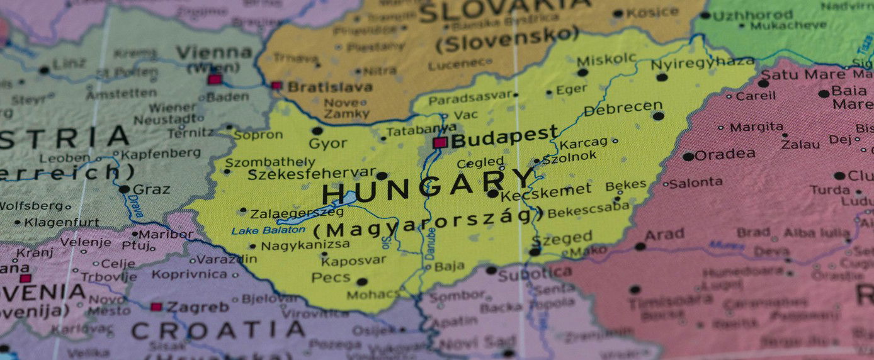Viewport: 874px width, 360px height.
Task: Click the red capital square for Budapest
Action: [440, 142]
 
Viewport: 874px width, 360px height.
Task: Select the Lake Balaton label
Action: [259, 230]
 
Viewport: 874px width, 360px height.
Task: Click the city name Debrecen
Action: [623, 108]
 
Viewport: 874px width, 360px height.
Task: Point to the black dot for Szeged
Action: [535, 252]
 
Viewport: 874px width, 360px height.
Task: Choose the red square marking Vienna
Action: [215, 79]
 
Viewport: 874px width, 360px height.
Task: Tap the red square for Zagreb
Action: [156, 307]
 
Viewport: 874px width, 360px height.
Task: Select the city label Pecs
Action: [331, 278]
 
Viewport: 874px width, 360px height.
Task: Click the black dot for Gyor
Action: [317, 131]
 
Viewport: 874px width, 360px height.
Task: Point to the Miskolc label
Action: [607, 59]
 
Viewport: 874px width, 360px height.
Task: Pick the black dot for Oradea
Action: [688, 156]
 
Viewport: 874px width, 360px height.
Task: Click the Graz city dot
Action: [124, 189]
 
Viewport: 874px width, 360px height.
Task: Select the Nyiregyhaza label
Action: [702, 64]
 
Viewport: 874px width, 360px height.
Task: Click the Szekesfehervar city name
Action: [311, 174]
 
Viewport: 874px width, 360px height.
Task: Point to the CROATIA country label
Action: [218, 330]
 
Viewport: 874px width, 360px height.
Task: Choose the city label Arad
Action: [665, 234]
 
